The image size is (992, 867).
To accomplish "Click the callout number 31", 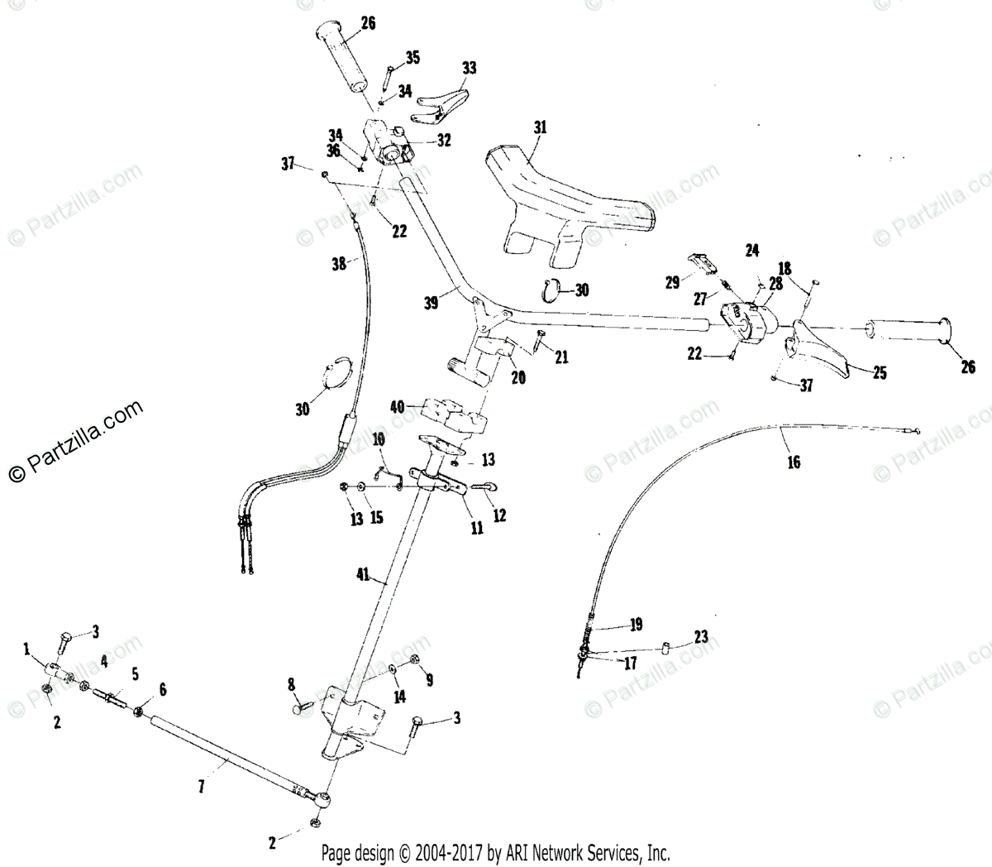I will (x=541, y=127).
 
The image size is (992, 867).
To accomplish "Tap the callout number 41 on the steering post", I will (x=365, y=572).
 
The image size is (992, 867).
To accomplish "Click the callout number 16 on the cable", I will (x=794, y=462).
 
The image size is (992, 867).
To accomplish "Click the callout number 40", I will (x=398, y=406).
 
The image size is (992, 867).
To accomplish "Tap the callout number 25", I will (x=880, y=373).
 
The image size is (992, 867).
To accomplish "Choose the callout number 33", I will (x=470, y=69).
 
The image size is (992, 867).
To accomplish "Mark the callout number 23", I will (x=701, y=637).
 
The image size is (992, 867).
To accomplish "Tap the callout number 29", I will (x=672, y=281).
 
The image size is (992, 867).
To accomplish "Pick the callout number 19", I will (x=635, y=624).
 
